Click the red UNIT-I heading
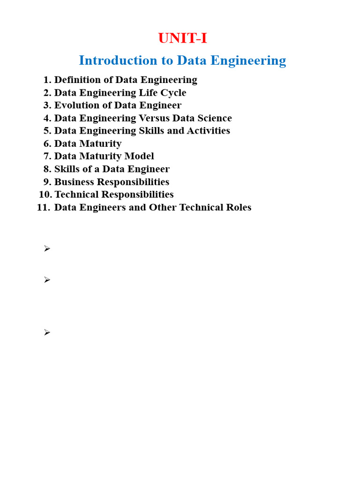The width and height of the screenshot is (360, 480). pyautogui.click(x=182, y=38)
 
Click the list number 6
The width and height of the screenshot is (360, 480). pyautogui.click(x=47, y=144)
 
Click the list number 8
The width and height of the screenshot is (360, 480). pyautogui.click(x=47, y=169)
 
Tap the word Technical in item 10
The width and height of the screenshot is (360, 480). pyautogui.click(x=76, y=195)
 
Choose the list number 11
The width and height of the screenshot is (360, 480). pyautogui.click(x=43, y=207)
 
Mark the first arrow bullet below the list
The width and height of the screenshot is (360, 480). pyautogui.click(x=47, y=249)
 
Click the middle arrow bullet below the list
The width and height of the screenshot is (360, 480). pyautogui.click(x=47, y=280)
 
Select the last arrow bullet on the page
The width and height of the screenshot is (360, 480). pyautogui.click(x=47, y=332)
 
